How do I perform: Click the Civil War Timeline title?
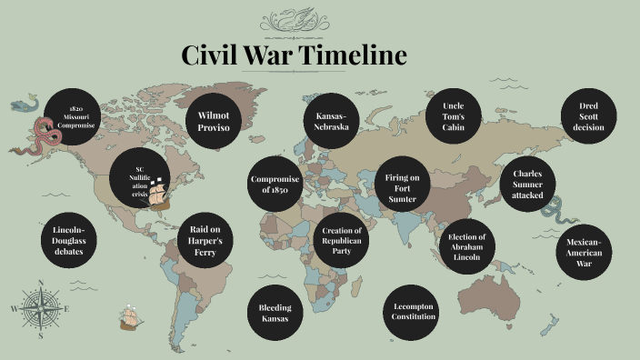tap(294, 55)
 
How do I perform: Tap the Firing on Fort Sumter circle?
tap(401, 185)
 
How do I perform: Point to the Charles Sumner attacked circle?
tap(527, 184)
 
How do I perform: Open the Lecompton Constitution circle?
tap(414, 311)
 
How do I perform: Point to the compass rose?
tap(41, 308)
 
